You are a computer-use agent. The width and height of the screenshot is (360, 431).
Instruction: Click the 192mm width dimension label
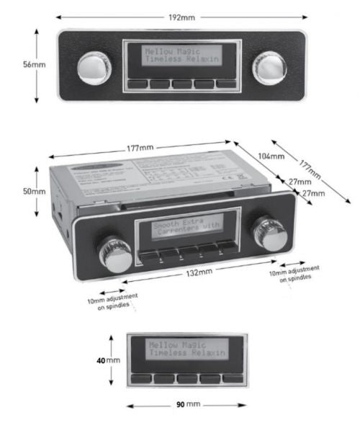tap(181, 16)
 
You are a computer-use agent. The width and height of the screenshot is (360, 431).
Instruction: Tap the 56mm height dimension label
tap(33, 64)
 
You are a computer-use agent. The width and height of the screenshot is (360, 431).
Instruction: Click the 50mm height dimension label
tap(33, 192)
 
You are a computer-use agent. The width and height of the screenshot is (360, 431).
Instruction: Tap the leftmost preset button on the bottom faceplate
tap(142, 378)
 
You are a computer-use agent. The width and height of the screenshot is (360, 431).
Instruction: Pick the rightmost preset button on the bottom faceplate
tap(232, 378)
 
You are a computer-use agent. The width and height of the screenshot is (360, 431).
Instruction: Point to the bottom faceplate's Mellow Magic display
tap(186, 350)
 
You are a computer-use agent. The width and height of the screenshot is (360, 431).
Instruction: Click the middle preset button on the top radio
tap(181, 84)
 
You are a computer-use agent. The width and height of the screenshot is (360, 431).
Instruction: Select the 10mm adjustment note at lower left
tap(112, 301)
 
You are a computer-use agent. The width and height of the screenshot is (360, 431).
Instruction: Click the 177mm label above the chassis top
tap(140, 148)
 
